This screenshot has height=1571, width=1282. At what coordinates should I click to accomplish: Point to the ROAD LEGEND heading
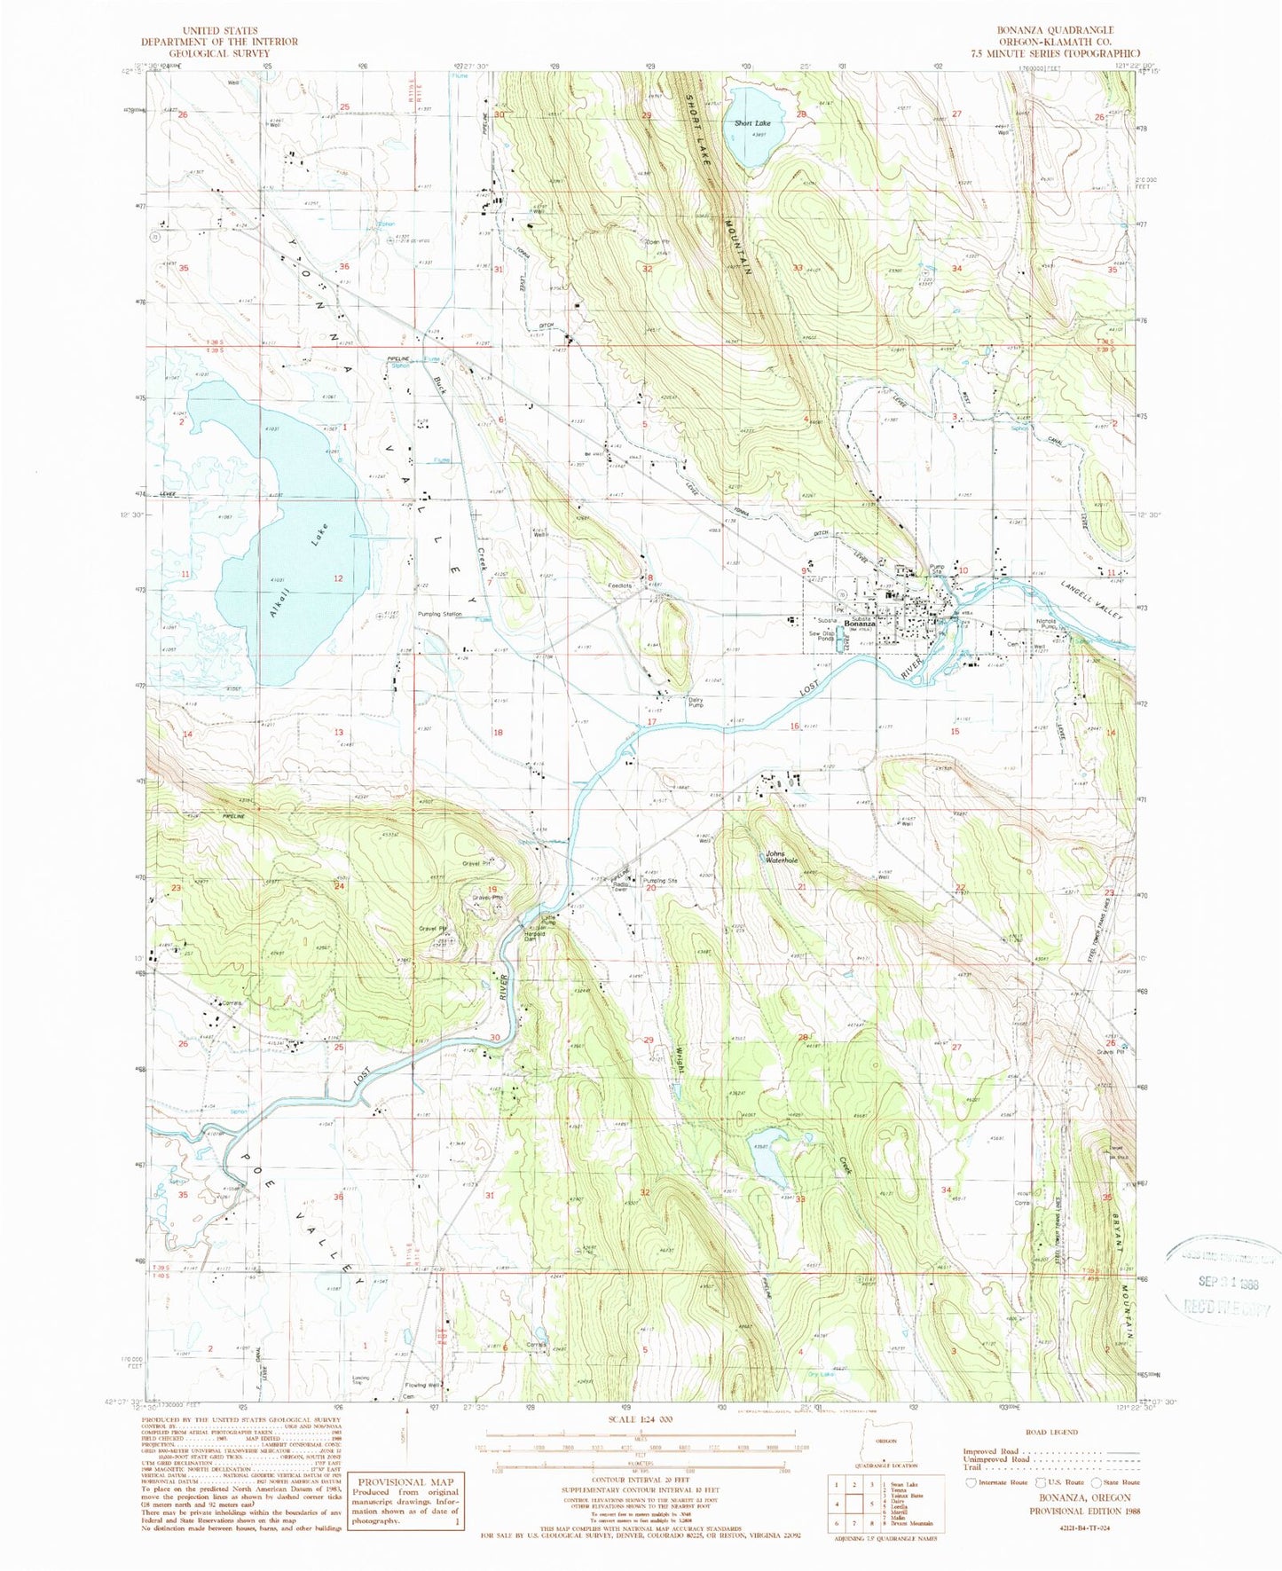[x=1051, y=1431]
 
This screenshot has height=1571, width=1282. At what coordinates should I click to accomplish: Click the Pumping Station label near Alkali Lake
[x=441, y=613]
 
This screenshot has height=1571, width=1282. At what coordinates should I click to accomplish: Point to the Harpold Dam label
[x=534, y=937]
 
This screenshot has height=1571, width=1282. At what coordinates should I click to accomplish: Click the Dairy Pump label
[x=696, y=700]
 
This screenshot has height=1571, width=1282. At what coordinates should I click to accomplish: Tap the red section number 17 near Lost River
[x=651, y=721]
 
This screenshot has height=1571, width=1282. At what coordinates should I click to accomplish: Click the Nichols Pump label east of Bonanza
[x=1049, y=623]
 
